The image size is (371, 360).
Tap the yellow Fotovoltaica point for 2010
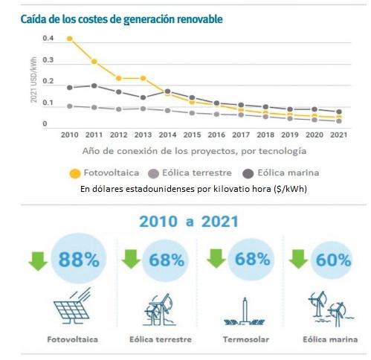pyautogui.click(x=70, y=38)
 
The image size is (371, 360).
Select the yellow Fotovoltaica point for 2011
pyautogui.click(x=94, y=61)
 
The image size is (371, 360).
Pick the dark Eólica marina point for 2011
pyautogui.click(x=94, y=86)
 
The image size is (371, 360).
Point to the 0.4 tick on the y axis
pyautogui.click(x=48, y=38)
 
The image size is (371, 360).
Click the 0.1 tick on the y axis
pyautogui.click(x=48, y=103)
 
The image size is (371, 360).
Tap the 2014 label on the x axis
pyautogui.click(x=167, y=135)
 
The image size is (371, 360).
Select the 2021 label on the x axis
pyautogui.click(x=338, y=135)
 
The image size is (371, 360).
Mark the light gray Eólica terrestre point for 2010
pyautogui.click(x=70, y=106)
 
